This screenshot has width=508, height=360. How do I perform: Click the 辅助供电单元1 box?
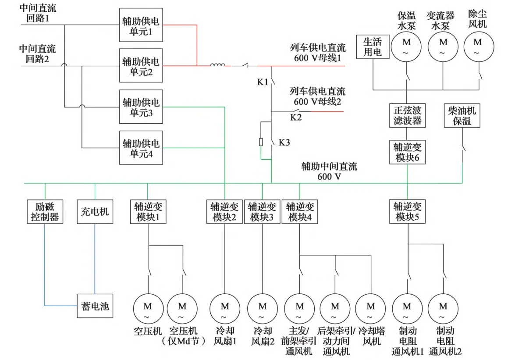tap(141, 25)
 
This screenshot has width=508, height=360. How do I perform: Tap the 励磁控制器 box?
tap(45, 211)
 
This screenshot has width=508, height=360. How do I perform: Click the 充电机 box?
tap(95, 211)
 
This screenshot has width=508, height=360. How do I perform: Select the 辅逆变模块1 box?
tap(148, 211)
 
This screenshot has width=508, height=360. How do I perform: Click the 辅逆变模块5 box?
tap(408, 211)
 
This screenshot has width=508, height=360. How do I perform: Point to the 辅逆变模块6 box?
tap(408, 152)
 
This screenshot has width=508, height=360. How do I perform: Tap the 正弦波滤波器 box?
tap(408, 115)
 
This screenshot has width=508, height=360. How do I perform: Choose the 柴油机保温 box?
tap(462, 115)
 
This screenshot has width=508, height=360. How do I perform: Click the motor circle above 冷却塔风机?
tap(371, 310)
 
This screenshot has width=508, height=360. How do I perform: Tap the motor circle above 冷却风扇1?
tap(225, 310)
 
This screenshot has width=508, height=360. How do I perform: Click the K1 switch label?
tap(263, 82)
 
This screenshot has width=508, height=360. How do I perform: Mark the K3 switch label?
tap(284, 142)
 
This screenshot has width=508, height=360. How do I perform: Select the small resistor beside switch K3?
tap(261, 142)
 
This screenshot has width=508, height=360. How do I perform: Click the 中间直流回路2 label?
tap(37, 53)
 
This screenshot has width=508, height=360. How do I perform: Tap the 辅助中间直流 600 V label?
tap(329, 171)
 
